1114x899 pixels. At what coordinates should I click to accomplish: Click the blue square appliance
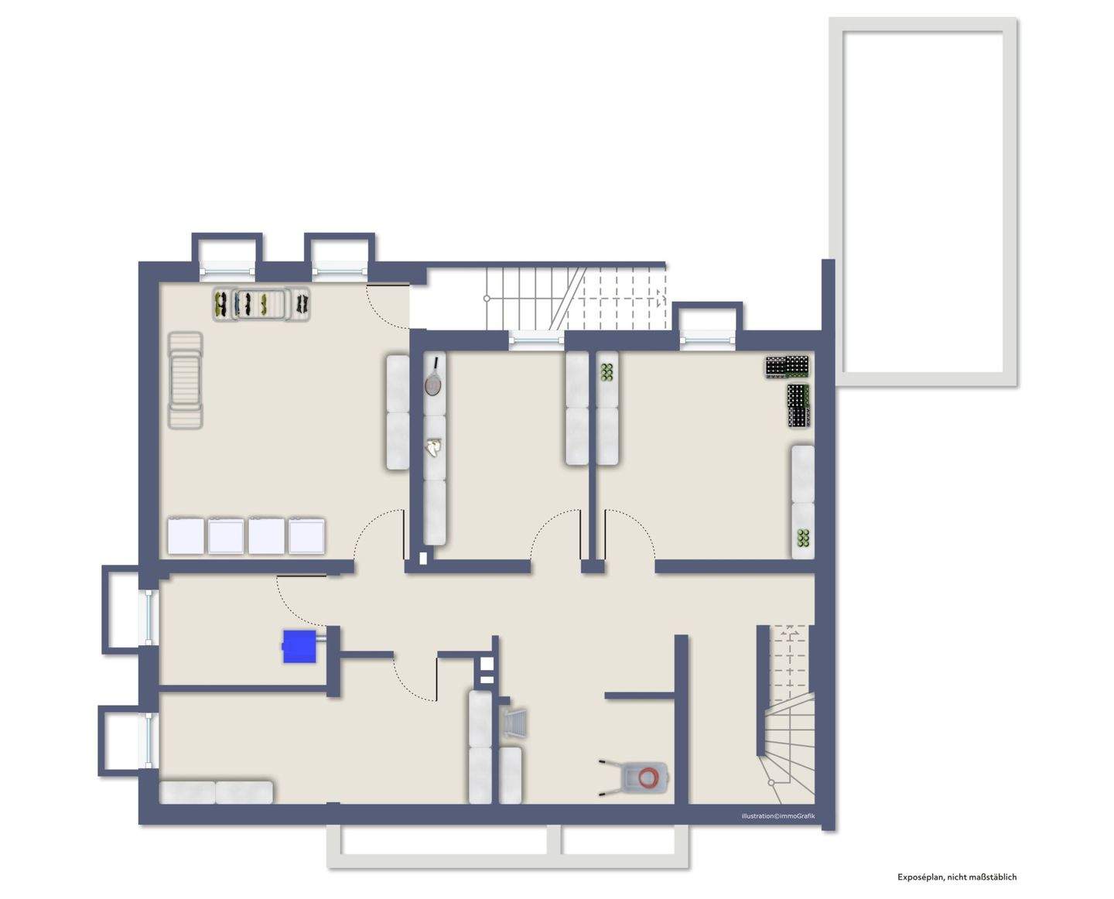(299, 646)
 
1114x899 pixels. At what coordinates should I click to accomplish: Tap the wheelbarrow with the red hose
(636, 775)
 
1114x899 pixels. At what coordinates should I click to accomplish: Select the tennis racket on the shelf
(433, 378)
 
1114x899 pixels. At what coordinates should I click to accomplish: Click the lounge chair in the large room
(185, 380)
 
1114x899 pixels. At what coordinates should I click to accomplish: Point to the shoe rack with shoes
(261, 303)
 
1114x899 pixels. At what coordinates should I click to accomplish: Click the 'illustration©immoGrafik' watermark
(777, 816)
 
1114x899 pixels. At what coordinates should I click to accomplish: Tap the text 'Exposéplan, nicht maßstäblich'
(957, 877)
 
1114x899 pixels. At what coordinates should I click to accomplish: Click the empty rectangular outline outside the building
(923, 203)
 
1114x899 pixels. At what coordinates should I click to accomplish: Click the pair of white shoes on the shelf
(435, 446)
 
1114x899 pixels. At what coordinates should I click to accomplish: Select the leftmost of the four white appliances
(186, 535)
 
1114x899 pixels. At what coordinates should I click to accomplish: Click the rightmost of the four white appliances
(307, 535)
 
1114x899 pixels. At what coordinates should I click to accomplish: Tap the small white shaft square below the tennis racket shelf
(423, 556)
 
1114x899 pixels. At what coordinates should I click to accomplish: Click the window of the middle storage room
(536, 337)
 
